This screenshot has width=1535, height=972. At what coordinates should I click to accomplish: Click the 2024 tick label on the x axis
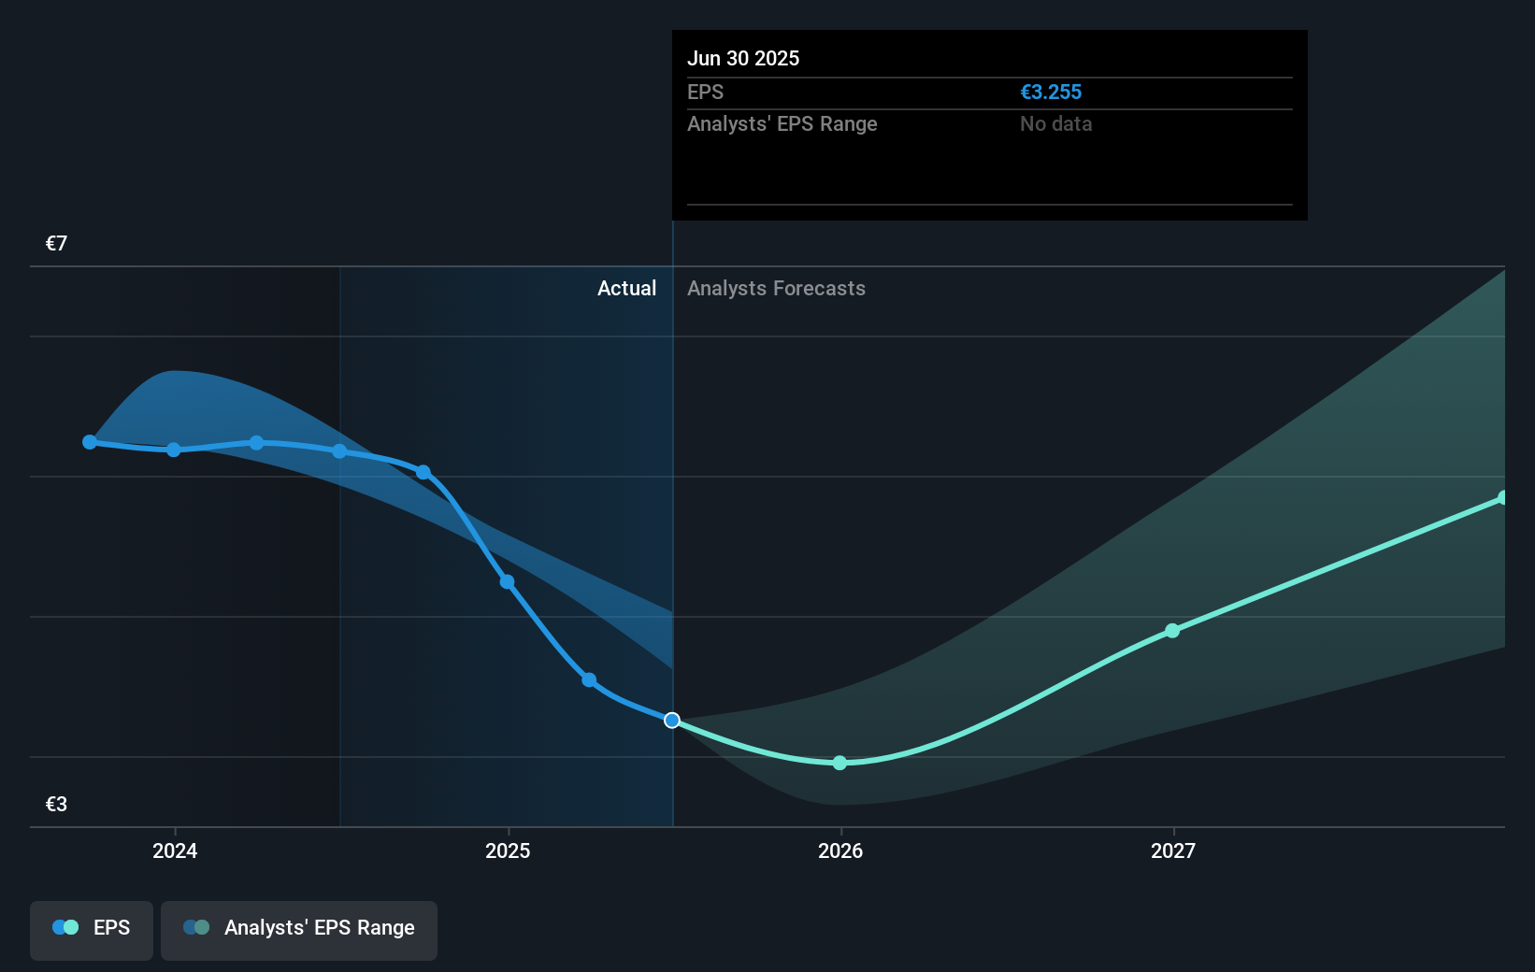pos(175,850)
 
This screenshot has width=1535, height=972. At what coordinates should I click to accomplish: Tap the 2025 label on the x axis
pos(508,850)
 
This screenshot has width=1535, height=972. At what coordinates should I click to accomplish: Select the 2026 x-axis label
pos(840,850)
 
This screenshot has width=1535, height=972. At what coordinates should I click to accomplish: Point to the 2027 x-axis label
pos(1173,850)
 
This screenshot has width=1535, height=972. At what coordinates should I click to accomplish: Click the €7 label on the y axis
pos(56,244)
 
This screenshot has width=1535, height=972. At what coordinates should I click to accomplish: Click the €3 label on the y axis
pos(56,805)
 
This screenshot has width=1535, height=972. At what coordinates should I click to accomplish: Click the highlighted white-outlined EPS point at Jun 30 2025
pos(672,721)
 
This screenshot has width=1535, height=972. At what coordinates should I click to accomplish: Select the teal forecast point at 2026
pos(839,764)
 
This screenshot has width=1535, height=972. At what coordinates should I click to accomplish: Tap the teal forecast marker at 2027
pos(1172,631)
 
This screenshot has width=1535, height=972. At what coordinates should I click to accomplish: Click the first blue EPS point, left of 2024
pos(90,442)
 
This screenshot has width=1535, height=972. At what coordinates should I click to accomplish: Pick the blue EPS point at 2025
pos(507,582)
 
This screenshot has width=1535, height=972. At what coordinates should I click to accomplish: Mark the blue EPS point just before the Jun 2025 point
pos(589,679)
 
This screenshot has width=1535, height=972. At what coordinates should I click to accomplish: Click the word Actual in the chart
pos(626,289)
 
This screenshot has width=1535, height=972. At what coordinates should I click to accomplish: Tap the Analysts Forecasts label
pos(776,289)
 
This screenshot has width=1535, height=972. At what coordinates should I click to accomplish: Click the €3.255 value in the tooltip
pos(1051,93)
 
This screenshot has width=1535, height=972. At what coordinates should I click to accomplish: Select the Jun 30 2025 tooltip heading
pos(743,58)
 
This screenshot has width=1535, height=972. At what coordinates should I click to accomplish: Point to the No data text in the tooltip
pos(1055,124)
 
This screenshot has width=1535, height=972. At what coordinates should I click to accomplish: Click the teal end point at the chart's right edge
pos(1502,498)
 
